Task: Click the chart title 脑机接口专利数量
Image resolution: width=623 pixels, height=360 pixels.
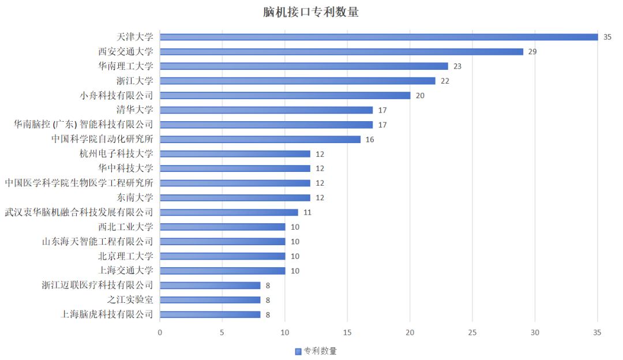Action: point(311,12)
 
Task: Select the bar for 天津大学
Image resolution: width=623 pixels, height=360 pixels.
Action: point(378,37)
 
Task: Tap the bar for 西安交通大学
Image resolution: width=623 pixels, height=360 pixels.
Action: point(341,51)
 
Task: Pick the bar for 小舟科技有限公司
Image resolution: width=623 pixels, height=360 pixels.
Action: point(285,95)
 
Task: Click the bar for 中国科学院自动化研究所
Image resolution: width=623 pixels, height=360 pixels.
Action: point(260,139)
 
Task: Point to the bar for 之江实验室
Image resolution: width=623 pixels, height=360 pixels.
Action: point(210,300)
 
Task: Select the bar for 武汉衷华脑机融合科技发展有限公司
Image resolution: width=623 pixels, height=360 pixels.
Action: point(229,212)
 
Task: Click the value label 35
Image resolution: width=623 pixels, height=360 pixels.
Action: point(607,37)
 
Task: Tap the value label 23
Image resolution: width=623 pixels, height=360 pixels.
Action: point(457,66)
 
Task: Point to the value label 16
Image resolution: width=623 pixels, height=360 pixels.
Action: point(369,140)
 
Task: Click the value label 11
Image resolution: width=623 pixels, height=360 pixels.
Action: point(307,212)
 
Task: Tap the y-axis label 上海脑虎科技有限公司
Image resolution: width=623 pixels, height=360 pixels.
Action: point(107,314)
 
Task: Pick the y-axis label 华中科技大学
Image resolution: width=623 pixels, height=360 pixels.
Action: point(126,168)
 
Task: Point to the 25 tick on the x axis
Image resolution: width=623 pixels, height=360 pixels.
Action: point(472,333)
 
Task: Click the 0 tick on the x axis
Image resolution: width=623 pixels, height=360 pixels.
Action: point(160,333)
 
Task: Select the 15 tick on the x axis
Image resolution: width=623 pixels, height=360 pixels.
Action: point(347,333)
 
